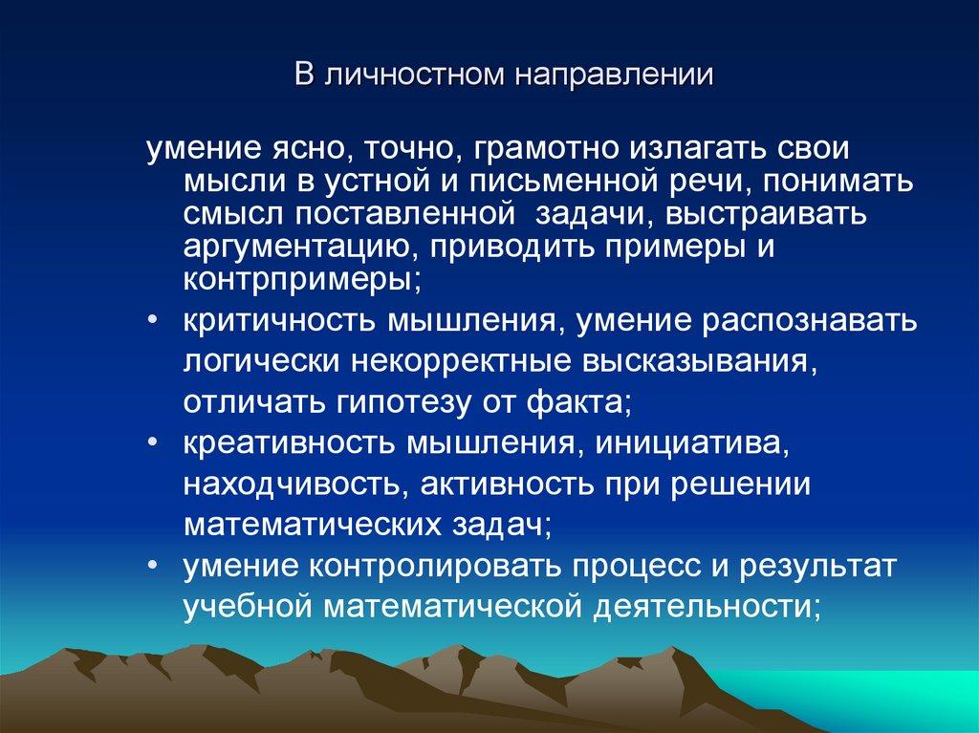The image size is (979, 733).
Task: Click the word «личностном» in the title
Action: (x=400, y=74)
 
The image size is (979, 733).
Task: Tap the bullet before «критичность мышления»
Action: (x=154, y=320)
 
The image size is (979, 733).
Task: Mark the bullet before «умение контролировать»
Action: (x=154, y=566)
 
